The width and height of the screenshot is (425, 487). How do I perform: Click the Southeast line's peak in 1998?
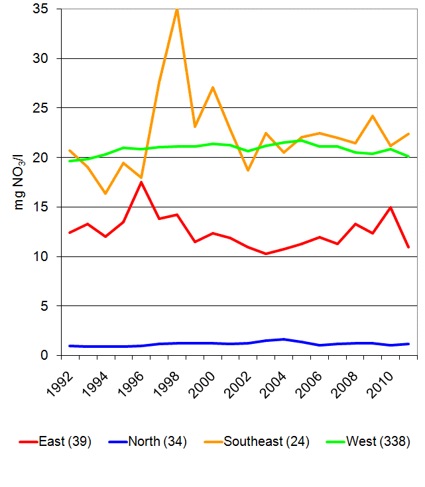point(176,9)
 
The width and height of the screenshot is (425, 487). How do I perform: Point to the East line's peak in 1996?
point(141,182)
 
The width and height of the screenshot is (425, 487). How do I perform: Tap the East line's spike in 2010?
point(391,207)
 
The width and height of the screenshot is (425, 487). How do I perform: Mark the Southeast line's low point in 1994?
point(105,193)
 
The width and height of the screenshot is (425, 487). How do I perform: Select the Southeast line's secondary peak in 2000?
point(212,87)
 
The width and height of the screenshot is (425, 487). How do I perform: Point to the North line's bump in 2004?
point(284,339)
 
